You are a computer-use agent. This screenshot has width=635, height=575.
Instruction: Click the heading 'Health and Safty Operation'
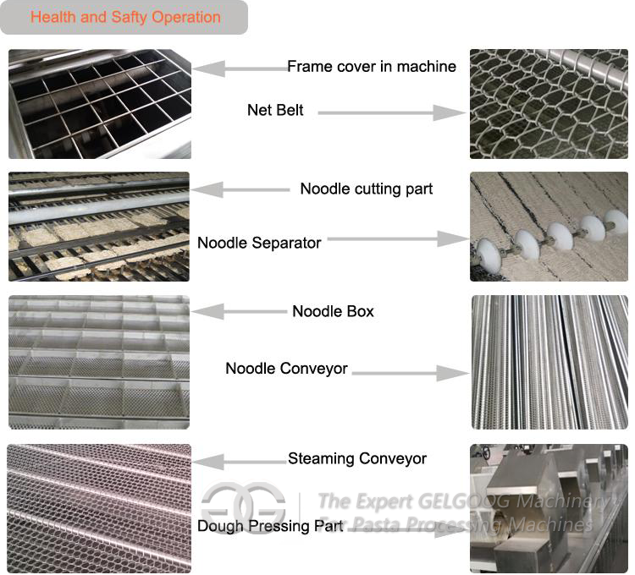click(125, 17)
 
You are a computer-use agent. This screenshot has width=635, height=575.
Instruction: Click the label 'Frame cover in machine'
click(372, 66)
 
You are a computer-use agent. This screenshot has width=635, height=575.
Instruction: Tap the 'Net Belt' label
click(275, 110)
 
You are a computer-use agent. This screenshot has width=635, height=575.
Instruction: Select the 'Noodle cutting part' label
click(367, 189)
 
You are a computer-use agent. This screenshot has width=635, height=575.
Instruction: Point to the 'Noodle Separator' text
click(259, 243)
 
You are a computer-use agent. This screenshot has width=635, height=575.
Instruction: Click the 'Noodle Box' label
click(334, 311)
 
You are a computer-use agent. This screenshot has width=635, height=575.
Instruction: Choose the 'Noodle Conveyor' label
click(287, 369)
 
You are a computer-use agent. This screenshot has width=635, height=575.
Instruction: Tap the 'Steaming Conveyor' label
click(357, 458)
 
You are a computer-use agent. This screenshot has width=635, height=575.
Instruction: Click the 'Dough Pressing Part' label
click(270, 526)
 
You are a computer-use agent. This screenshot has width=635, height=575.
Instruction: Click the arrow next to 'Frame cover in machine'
click(240, 68)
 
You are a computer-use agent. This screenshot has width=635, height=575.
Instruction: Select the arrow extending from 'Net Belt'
click(392, 112)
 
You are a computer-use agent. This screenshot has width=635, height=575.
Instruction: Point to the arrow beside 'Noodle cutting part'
click(240, 189)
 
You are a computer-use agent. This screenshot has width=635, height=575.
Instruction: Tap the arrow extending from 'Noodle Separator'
click(399, 239)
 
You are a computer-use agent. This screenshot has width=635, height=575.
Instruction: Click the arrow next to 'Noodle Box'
click(240, 311)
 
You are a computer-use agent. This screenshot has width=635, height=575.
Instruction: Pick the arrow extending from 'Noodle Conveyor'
click(411, 373)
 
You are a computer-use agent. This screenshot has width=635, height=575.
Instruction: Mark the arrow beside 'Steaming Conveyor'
click(240, 462)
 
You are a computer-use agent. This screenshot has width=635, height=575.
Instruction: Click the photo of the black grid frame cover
click(100, 104)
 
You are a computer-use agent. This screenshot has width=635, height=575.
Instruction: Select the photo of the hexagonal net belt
click(549, 104)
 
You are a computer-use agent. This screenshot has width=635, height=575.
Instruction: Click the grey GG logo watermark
click(243, 508)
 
